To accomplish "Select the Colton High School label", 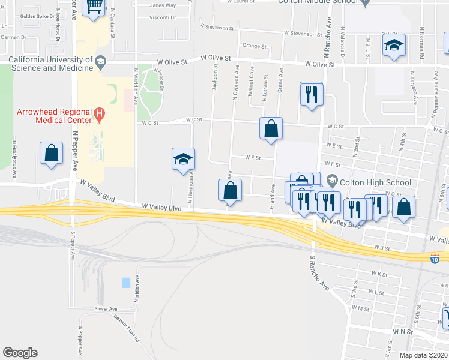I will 375,182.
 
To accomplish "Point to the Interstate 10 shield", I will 436,259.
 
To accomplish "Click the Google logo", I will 20,353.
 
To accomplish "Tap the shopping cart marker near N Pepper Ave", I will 93,7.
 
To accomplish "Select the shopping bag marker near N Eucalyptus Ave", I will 51,152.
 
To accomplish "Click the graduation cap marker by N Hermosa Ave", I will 183,158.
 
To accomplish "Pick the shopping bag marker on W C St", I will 271,128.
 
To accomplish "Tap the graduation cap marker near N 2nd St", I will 394,46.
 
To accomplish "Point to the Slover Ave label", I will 105,309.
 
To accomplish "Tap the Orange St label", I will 255,46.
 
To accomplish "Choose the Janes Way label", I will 163,5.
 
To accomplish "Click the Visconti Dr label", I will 163,17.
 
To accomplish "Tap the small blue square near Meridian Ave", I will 125,282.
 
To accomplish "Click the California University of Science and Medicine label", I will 51,64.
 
